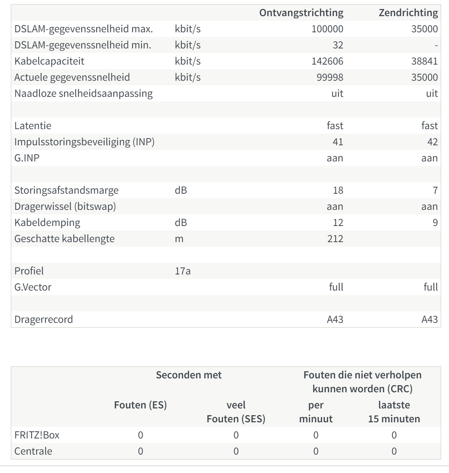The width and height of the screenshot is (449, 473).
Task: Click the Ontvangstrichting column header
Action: (x=301, y=13)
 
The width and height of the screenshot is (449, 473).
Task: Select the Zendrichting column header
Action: (x=408, y=13)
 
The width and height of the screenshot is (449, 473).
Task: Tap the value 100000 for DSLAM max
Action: (x=327, y=29)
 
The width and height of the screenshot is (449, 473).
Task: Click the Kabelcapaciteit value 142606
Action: (x=327, y=61)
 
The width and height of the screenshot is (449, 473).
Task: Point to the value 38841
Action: (x=424, y=61)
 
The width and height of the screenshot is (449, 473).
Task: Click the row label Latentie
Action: (x=33, y=126)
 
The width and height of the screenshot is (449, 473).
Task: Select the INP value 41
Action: (x=338, y=142)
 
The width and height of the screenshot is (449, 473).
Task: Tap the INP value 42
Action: (x=432, y=142)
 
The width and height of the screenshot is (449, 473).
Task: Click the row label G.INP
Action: (x=27, y=158)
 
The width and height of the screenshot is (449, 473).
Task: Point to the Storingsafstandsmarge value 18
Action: (x=338, y=190)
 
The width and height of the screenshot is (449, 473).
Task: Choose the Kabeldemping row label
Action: (x=47, y=223)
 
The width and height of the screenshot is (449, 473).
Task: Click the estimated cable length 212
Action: (x=335, y=239)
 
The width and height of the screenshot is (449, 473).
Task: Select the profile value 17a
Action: (x=182, y=271)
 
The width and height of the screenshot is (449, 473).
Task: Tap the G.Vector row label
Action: (x=33, y=287)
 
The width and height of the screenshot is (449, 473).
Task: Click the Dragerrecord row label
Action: (x=43, y=319)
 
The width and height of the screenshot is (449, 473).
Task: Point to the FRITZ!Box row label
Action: (x=37, y=435)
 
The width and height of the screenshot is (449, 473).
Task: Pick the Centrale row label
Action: (x=33, y=451)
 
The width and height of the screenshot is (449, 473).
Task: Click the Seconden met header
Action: (x=188, y=375)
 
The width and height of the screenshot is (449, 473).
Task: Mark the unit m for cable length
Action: (x=179, y=239)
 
